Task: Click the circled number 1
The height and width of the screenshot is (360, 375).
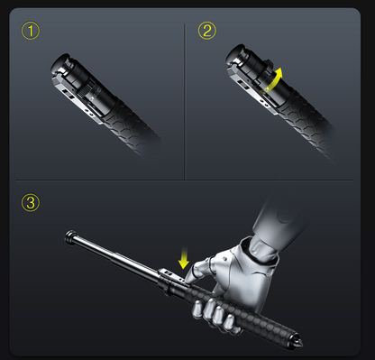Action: point(32,32)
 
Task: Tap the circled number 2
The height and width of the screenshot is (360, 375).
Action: point(208,32)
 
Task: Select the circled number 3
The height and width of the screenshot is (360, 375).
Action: point(32,202)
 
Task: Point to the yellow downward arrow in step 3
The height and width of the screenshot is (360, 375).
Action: point(184,260)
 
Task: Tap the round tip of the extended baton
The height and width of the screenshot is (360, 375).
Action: point(69,236)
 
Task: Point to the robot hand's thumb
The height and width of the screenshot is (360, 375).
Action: point(197,270)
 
